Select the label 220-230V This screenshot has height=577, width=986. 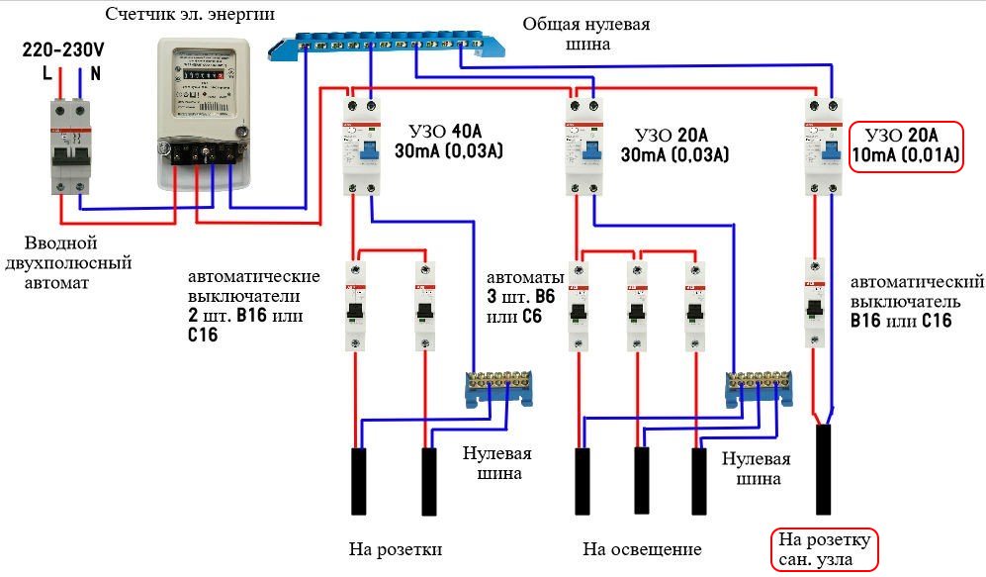tap(62, 47)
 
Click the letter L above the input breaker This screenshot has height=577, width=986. tap(46, 72)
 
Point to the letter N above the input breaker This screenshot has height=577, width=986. tap(95, 72)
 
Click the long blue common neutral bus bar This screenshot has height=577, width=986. tap(390, 45)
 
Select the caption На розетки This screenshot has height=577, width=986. tap(395, 549)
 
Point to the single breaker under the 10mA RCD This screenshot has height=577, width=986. tap(815, 302)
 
